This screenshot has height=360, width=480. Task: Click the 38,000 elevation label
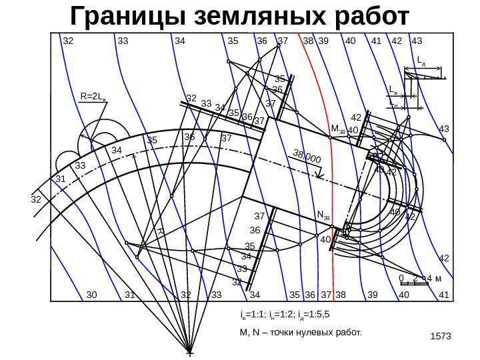(307, 157)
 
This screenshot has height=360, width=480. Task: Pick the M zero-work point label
(337, 128)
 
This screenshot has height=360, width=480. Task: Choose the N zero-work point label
(323, 215)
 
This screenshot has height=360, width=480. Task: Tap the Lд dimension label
(421, 61)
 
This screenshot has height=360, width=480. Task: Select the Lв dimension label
(393, 89)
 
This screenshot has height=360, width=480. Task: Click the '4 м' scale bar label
(434, 277)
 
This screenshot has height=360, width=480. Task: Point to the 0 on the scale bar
(401, 277)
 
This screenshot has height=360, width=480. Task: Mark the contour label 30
(91, 295)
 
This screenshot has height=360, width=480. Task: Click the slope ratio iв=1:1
(255, 312)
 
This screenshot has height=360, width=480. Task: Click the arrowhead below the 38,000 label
(319, 177)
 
